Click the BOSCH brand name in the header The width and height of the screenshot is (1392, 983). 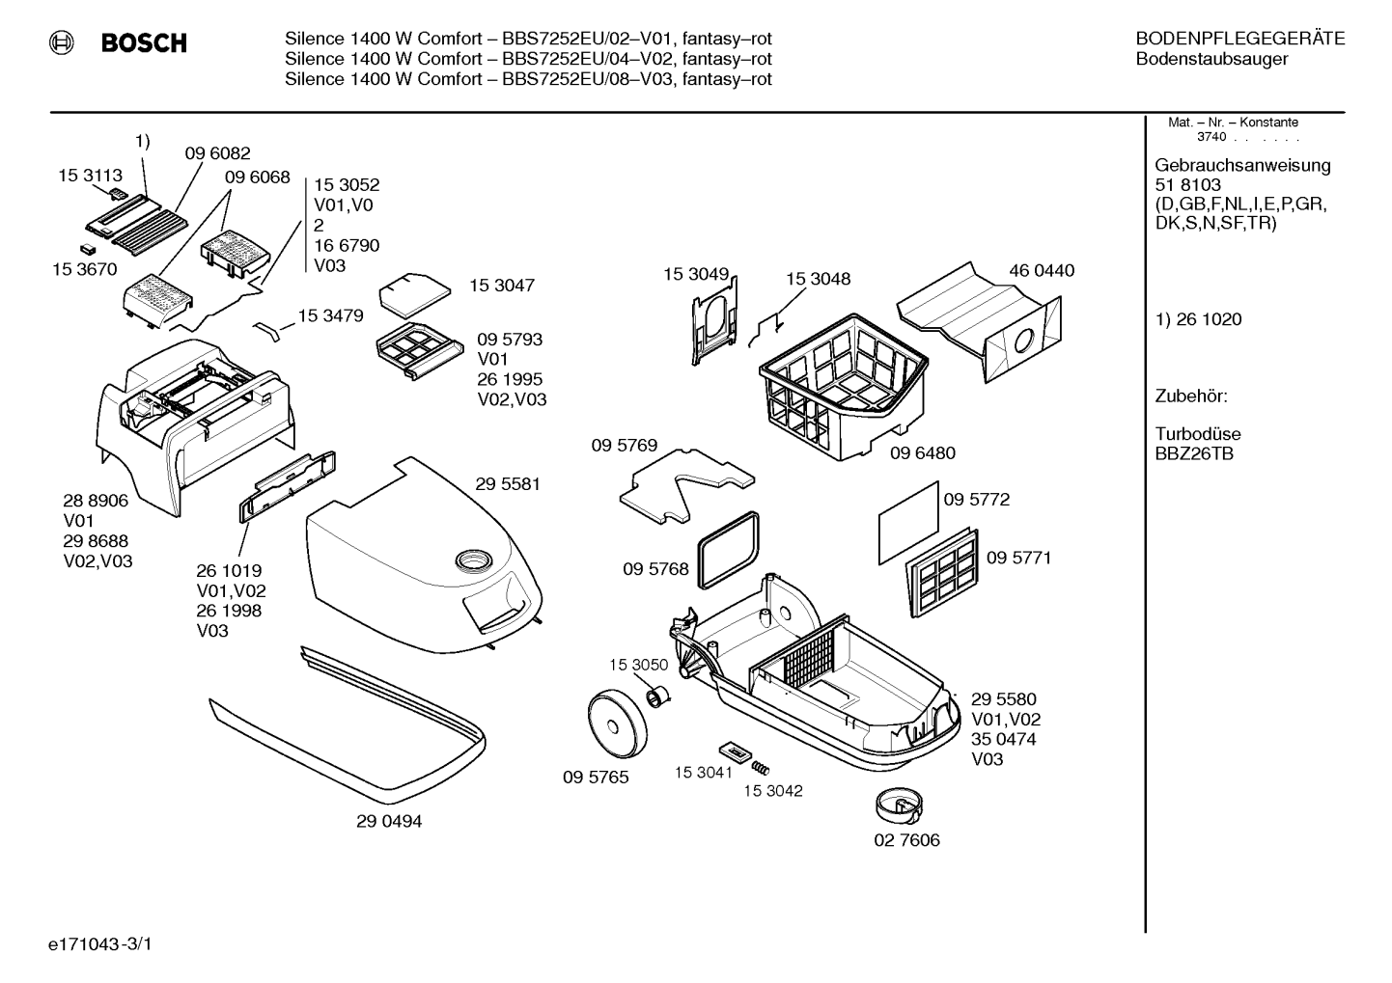pos(144,42)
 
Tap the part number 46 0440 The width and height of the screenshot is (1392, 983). pos(1042,270)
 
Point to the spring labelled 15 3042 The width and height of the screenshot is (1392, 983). pos(760,768)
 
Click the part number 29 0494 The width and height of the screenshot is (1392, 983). pos(389,821)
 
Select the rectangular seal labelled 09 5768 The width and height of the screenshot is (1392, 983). pos(728,550)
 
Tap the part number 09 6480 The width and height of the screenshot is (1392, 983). pos(922,452)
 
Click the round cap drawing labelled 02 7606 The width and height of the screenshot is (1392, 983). pos(899,806)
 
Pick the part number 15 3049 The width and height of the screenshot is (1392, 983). pos(696,274)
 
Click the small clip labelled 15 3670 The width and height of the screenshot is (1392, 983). pos(89,249)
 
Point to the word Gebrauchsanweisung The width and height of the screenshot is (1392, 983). pos(1243,165)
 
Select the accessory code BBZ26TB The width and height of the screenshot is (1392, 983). pos(1194,454)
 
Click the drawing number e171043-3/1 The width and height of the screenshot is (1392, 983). pos(100,944)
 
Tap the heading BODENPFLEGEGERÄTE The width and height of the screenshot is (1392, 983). pos(1240,39)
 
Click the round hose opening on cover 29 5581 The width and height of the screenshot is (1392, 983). pos(474,560)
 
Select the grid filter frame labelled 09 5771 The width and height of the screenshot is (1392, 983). pos(941,573)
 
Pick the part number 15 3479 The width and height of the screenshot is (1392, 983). pos(330,315)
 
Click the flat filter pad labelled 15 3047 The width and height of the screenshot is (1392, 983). pos(414,295)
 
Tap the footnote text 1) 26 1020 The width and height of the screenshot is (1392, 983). pos(1198,319)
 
